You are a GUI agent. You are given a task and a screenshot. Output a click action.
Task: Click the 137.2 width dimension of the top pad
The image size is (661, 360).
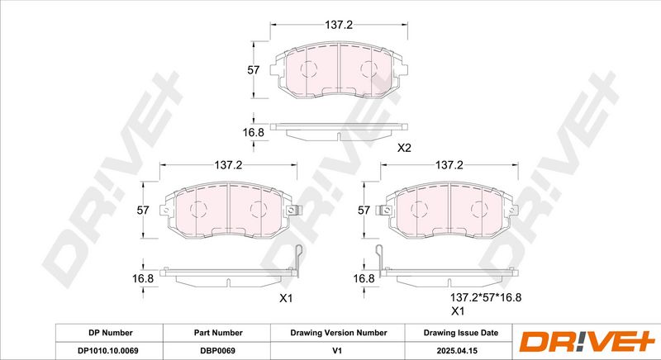click(x=339, y=25)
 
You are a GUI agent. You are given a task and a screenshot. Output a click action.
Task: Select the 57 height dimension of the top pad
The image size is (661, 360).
click(x=254, y=70)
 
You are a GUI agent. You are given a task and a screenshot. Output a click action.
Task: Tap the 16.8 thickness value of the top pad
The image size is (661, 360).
click(x=254, y=132)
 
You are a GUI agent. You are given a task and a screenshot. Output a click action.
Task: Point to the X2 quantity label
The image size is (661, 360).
click(x=404, y=148)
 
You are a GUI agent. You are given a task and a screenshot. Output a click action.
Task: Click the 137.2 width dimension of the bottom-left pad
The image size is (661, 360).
click(x=228, y=165)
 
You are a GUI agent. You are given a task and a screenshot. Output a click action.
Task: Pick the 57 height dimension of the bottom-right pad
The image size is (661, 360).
click(x=364, y=210)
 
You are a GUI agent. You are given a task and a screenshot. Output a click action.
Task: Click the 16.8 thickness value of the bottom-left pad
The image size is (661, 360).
click(x=143, y=278)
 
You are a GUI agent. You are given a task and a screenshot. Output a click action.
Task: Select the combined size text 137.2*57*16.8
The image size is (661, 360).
click(x=486, y=298)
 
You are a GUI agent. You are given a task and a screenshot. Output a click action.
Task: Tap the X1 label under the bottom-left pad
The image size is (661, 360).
click(x=286, y=299)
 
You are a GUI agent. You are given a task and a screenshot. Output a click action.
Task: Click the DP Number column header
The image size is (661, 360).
click(x=111, y=333)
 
